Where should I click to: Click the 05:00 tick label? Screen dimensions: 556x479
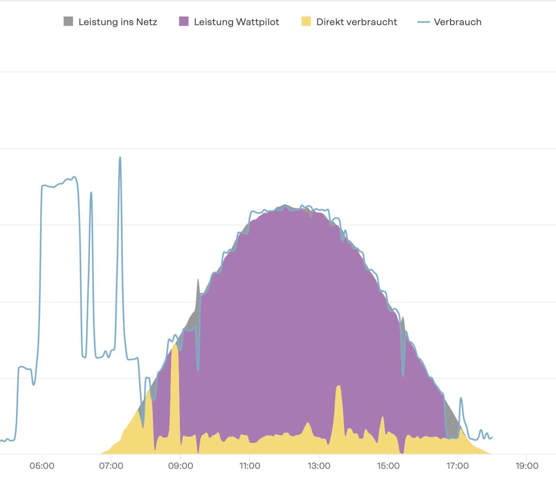coord(42,466)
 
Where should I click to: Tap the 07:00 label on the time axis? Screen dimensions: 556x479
coord(111,466)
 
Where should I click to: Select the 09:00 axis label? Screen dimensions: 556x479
coord(181,466)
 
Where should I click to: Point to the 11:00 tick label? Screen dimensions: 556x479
coord(250,466)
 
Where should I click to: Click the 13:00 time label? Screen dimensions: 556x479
coord(319,466)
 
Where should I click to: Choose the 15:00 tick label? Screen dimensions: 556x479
coord(388,466)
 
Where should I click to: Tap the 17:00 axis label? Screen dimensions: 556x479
coord(457,466)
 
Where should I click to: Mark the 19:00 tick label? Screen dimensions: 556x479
coord(527,466)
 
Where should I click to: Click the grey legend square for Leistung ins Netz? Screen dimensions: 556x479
coord(68,21)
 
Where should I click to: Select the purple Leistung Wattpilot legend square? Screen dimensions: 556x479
coord(184,21)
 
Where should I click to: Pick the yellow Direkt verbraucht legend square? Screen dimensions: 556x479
coord(306,21)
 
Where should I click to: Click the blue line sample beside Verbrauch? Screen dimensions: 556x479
coord(424,22)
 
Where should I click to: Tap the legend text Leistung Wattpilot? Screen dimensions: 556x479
coord(236,22)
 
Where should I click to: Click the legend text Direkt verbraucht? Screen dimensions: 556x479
coord(357,22)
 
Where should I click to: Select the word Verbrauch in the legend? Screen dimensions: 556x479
coord(457,22)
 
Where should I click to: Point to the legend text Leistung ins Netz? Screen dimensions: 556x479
coord(118,22)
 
